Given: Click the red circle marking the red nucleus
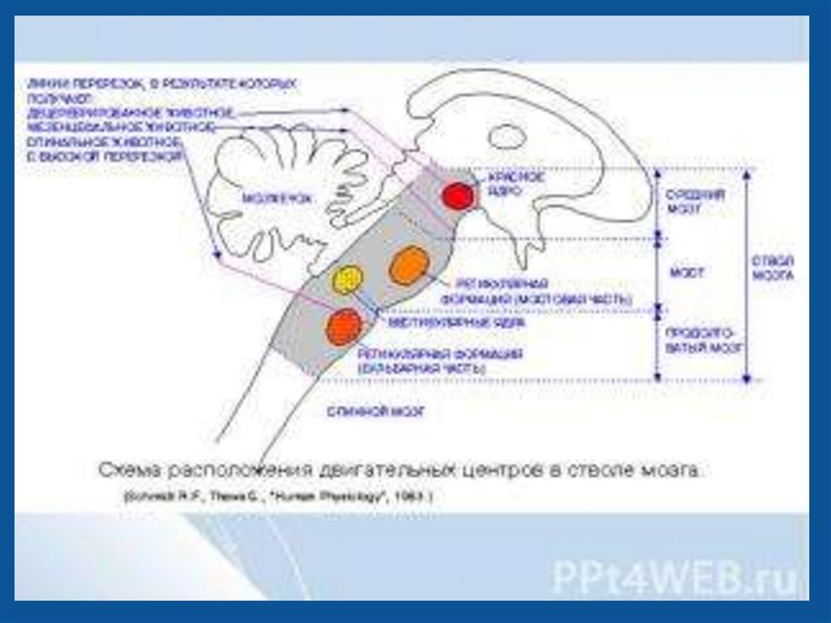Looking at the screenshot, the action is pos(457,196).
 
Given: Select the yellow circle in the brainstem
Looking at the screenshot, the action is pos(347,279).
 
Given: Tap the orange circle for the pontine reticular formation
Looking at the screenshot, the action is pos(408,266).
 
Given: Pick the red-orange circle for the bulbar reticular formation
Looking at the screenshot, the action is pos(342,327).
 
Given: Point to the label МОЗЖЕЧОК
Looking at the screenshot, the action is pos(271,197).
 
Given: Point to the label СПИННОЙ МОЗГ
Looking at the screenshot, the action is pos(376,411).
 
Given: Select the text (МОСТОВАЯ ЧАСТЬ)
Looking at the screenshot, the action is pos(536,300).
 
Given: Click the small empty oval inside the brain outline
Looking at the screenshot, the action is pos(508,135).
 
